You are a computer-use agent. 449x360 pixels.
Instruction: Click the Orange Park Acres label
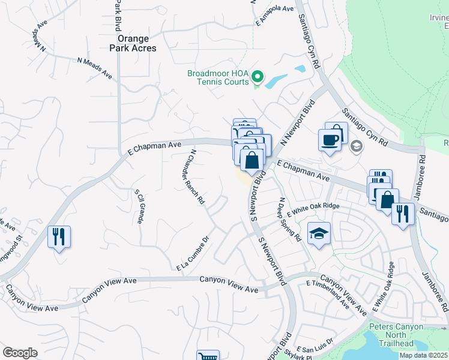pyautogui.click(x=133, y=43)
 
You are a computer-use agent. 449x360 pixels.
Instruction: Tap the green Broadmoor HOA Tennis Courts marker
pyautogui.click(x=258, y=77)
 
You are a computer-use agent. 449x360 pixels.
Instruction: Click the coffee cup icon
pyautogui.click(x=330, y=140)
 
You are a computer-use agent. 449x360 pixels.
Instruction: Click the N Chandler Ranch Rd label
pyautogui.click(x=197, y=178)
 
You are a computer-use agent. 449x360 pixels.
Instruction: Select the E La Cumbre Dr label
pyautogui.click(x=192, y=253)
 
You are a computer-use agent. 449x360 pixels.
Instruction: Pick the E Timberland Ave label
pyautogui.click(x=328, y=293)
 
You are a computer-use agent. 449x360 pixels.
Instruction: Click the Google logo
pyautogui.click(x=20, y=353)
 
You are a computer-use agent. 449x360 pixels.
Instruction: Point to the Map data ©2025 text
pyautogui.click(x=424, y=355)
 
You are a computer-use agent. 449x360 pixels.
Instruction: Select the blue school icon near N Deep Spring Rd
pyautogui.click(x=319, y=233)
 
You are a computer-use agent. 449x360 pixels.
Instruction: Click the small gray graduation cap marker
pyautogui.click(x=356, y=145)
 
